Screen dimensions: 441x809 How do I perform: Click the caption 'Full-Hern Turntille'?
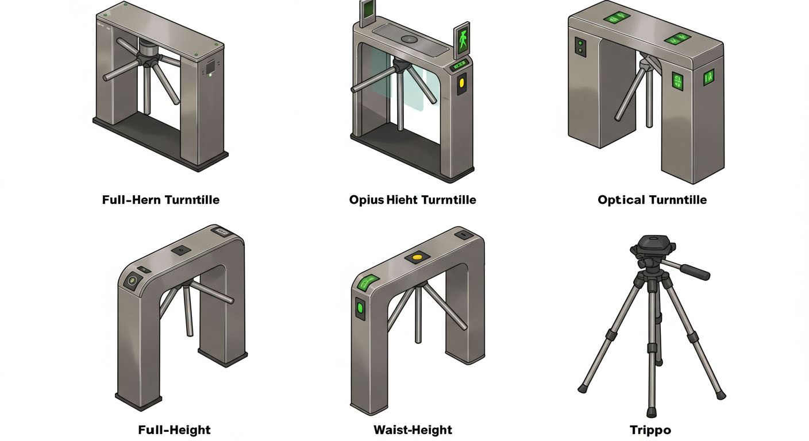click(x=160, y=200)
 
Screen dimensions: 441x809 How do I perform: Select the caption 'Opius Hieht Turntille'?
click(x=413, y=200)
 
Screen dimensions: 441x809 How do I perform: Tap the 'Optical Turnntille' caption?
click(x=652, y=200)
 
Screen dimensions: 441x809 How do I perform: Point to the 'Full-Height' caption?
click(x=175, y=430)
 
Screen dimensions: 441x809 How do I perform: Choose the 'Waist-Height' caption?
click(x=413, y=430)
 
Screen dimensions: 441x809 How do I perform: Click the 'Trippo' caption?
click(x=650, y=430)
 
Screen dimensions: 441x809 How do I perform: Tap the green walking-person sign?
click(x=462, y=40)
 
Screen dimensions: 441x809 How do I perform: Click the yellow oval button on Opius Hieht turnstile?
click(x=461, y=85)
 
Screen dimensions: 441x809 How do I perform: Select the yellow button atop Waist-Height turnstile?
click(x=418, y=257)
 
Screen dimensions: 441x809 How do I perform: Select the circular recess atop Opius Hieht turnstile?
click(x=410, y=40)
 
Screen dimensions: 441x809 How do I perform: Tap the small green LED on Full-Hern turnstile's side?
click(x=211, y=75)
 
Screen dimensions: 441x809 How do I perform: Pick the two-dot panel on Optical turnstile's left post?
click(x=580, y=48)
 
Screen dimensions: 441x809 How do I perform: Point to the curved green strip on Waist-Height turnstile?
click(x=365, y=281)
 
